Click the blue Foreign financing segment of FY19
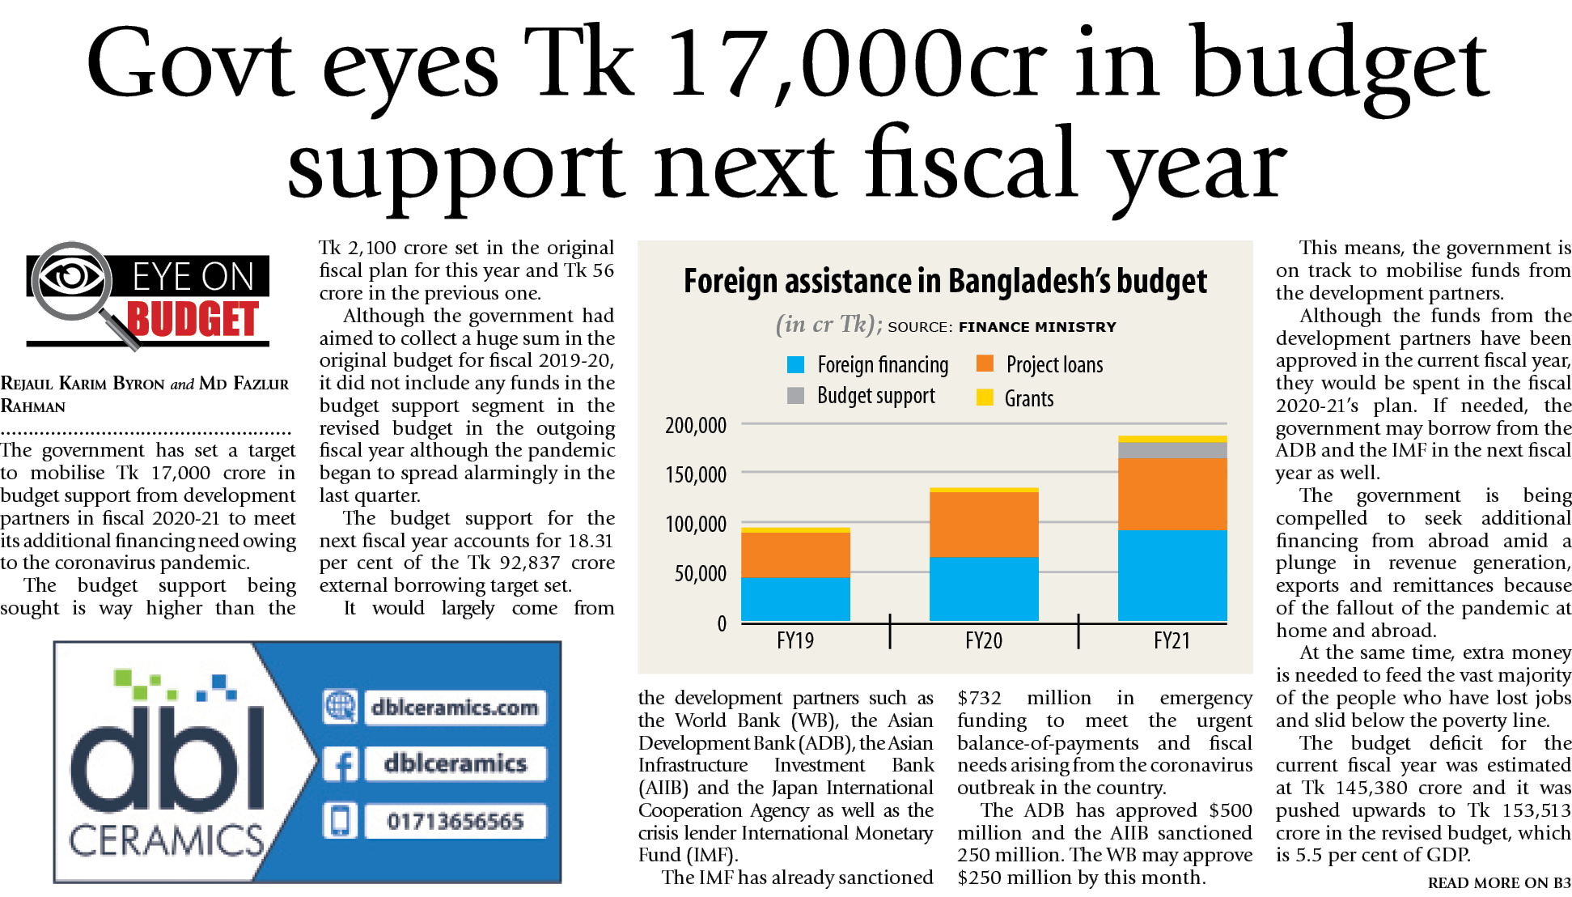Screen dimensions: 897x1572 [x=795, y=599]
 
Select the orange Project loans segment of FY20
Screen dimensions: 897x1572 [x=984, y=524]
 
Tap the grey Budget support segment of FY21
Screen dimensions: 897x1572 [x=1172, y=450]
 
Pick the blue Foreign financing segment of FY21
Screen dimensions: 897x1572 [x=1172, y=576]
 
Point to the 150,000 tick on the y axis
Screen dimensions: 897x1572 [x=696, y=474]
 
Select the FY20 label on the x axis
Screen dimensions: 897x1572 [x=984, y=641]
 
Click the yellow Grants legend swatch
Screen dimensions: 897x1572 [x=985, y=397]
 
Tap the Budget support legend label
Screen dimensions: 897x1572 [x=876, y=396]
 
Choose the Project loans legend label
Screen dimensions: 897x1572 [x=1054, y=365]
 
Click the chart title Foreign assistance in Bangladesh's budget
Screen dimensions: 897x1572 [x=945, y=281]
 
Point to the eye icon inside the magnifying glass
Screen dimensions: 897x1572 [x=71, y=277]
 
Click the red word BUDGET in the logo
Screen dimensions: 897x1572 [x=193, y=319]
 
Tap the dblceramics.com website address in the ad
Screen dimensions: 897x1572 [x=455, y=708]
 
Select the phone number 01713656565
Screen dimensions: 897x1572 [x=455, y=822]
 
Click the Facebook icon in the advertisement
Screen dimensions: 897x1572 [x=341, y=764]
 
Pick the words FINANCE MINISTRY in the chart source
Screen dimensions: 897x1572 [x=1037, y=327]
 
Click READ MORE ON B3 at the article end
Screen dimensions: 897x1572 [x=1498, y=883]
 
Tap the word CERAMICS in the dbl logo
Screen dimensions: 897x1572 [x=167, y=841]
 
